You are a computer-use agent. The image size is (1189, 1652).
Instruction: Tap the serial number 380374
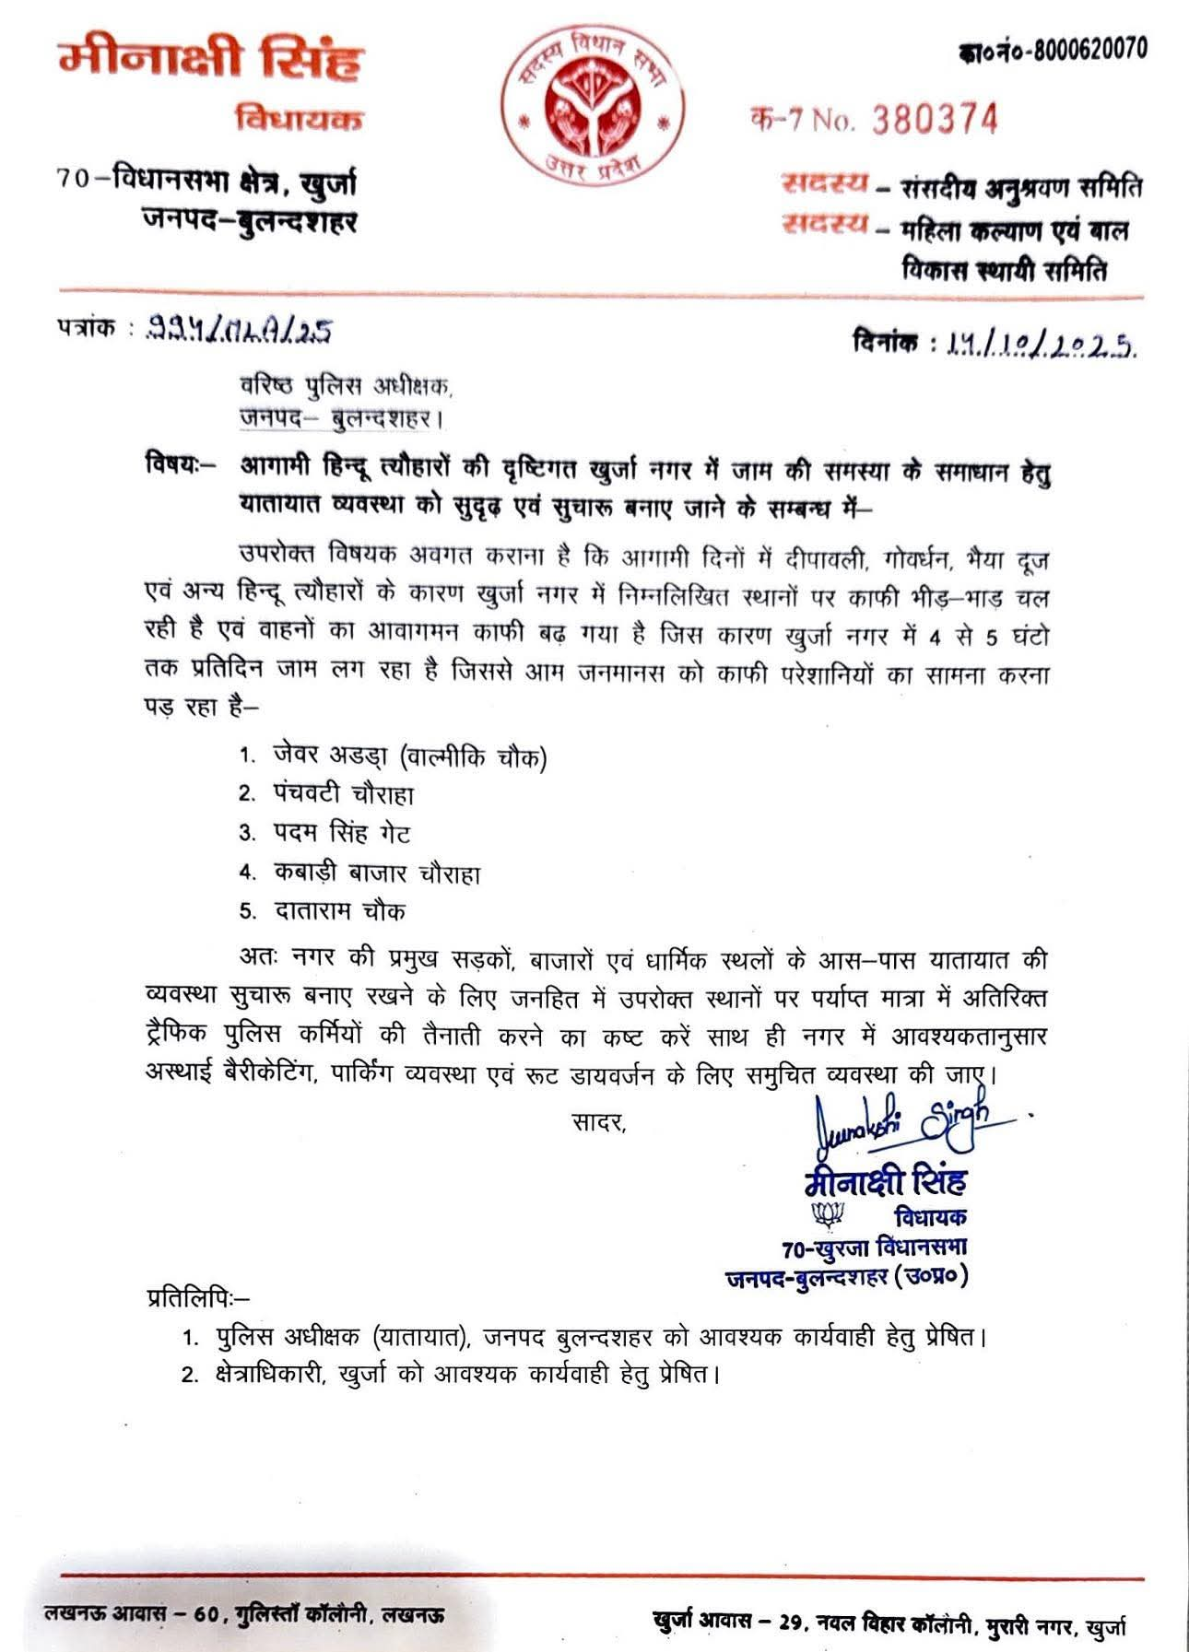935,120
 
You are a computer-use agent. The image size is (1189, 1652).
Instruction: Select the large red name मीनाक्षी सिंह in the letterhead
211,61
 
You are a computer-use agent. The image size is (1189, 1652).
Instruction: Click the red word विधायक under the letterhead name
299,119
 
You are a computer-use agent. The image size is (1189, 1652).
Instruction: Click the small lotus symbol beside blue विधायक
827,1214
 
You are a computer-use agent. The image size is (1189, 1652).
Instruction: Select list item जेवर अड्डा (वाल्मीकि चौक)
409,756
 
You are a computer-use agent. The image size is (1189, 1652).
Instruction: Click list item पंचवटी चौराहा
344,794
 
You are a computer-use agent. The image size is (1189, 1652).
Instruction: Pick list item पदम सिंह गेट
341,834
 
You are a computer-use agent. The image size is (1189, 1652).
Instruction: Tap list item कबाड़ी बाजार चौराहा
377,873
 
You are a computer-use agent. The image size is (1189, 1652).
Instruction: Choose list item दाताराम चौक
339,911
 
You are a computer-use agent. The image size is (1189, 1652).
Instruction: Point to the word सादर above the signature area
598,1121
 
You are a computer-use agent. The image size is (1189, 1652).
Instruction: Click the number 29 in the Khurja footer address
792,1623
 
